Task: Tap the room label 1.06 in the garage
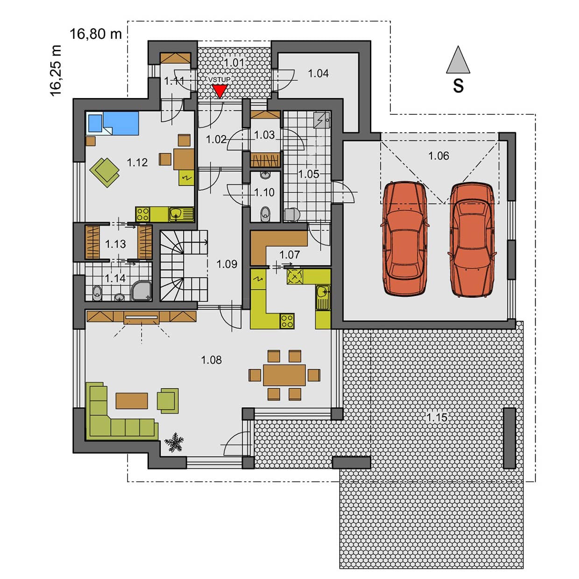[438, 155]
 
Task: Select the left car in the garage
[405, 239]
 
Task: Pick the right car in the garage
[472, 240]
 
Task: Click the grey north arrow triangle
[458, 59]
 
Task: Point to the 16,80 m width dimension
[96, 34]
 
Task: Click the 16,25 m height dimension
[56, 71]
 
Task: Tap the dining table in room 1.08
[284, 375]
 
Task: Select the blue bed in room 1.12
[113, 123]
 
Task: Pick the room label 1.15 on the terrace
[437, 417]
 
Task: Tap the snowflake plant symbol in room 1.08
[174, 442]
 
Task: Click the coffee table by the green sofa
[132, 401]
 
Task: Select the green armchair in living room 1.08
[168, 401]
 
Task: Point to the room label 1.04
[318, 73]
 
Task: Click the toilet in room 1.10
[265, 214]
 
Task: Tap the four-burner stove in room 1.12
[143, 214]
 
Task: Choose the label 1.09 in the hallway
[227, 264]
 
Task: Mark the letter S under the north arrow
[458, 86]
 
